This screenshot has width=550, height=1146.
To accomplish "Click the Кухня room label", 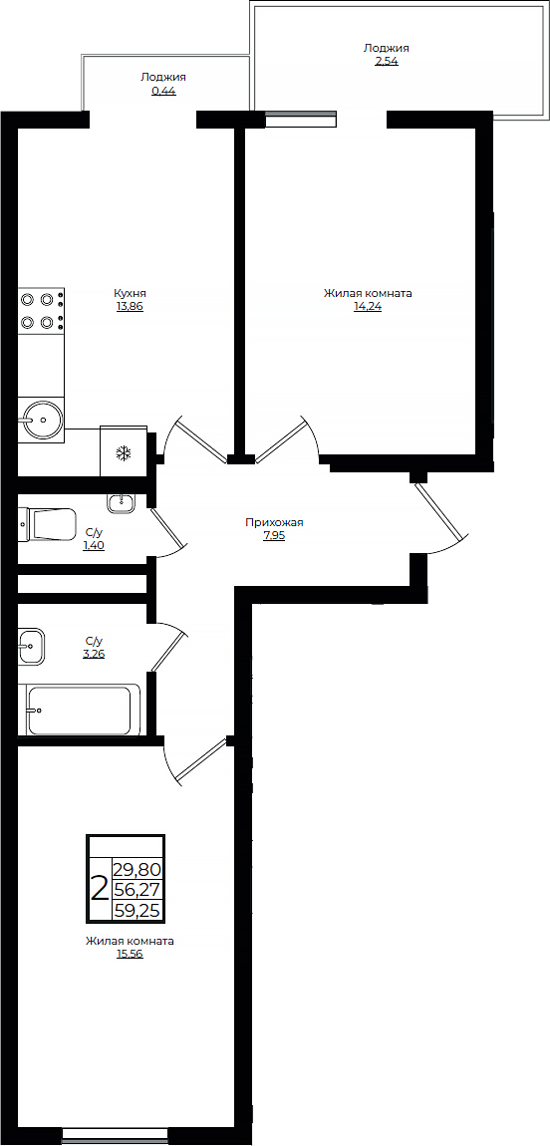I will tap(131, 293).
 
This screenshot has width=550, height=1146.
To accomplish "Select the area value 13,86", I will tap(131, 307).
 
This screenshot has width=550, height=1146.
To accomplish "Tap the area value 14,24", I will tap(368, 307).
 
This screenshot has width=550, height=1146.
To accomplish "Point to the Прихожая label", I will tap(274, 522).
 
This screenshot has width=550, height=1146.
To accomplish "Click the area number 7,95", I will tap(274, 536).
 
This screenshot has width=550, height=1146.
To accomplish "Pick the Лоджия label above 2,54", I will tap(386, 47).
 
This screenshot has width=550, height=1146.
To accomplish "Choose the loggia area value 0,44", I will tap(162, 91).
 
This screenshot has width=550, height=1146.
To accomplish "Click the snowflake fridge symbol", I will tap(124, 454).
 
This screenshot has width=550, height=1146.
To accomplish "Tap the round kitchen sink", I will tap(41, 420).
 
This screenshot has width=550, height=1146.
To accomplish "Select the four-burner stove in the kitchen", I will tap(40, 310).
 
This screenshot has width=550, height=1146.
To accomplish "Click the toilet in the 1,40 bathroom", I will tap(49, 524).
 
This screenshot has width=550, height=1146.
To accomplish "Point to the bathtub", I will tap(80, 710).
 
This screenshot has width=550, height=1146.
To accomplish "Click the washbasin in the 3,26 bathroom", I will tap(30, 646).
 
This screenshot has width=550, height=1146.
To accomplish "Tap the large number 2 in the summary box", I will tap(100, 888).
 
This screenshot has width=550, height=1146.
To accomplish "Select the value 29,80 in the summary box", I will tap(137, 869).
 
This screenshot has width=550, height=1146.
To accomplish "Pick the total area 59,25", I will tap(137, 911).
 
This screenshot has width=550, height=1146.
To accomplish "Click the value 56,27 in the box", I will tap(137, 890).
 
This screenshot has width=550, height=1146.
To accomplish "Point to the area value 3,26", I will tap(95, 655).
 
